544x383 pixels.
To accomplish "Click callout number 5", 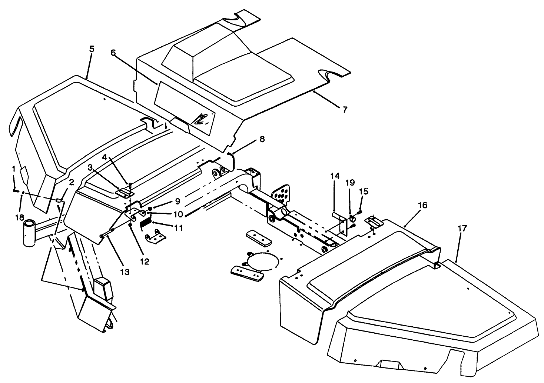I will [92, 49].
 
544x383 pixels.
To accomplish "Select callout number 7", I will [345, 109].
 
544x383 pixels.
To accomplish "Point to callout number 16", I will [423, 205].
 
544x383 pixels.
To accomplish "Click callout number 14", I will [335, 176].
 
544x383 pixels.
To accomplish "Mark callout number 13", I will [125, 272].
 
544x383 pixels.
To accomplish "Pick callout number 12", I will [144, 262].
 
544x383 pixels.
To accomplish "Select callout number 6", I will [113, 52].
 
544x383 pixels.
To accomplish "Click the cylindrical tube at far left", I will [29, 233].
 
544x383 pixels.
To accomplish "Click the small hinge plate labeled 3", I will [124, 192].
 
